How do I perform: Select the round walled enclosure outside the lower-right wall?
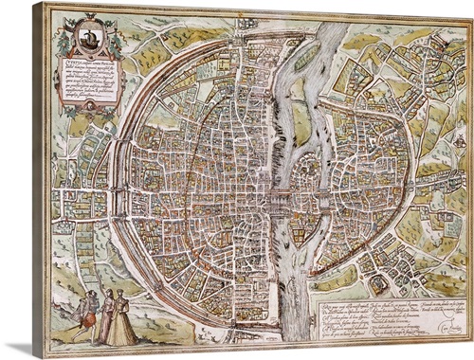[379, 281]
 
